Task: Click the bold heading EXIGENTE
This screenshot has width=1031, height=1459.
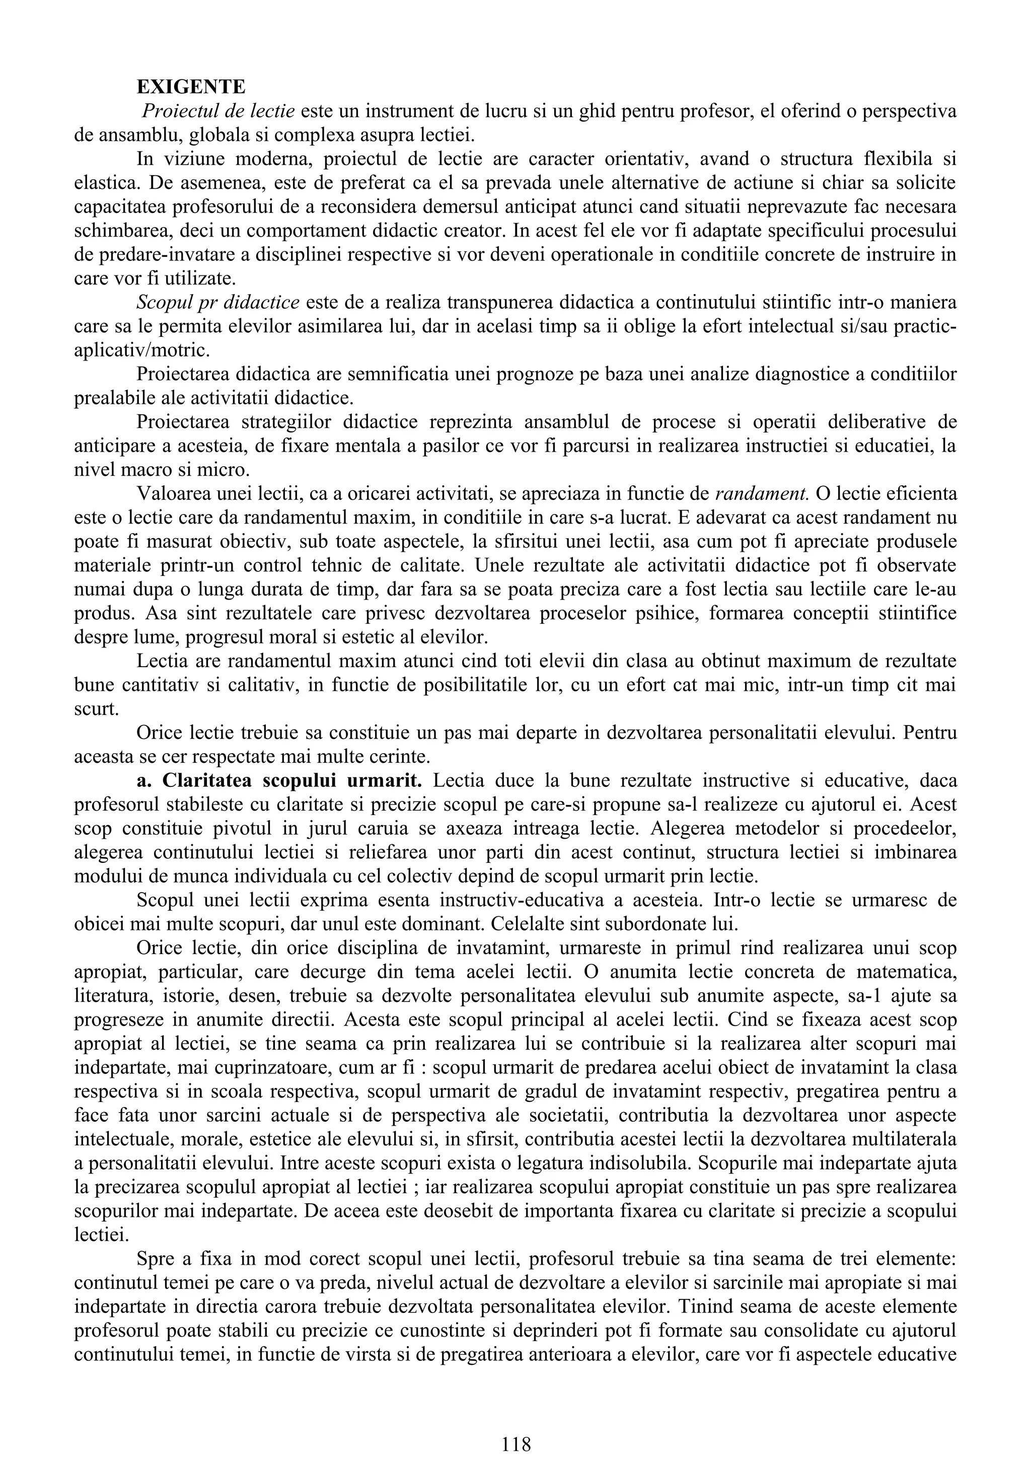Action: (x=191, y=87)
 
